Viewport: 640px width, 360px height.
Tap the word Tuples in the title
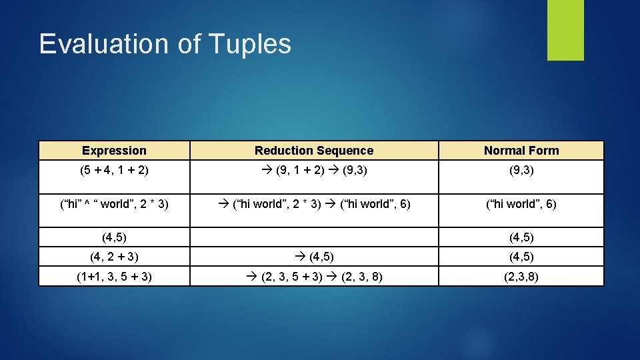click(x=249, y=44)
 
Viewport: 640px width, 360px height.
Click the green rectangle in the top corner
click(x=565, y=30)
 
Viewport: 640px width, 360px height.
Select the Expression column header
click(x=114, y=151)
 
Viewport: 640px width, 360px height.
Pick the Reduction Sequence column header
click(x=314, y=151)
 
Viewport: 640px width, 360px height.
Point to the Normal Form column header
click(x=521, y=151)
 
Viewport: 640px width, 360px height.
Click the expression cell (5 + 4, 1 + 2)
click(x=114, y=170)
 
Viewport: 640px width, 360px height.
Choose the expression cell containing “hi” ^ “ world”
click(x=114, y=204)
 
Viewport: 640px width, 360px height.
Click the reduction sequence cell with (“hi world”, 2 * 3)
click(x=314, y=204)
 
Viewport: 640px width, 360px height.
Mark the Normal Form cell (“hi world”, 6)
click(x=521, y=204)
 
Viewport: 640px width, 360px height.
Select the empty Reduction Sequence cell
click(x=314, y=237)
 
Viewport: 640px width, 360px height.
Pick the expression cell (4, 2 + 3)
click(x=114, y=257)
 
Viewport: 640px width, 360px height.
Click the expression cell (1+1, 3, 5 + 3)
click(x=114, y=276)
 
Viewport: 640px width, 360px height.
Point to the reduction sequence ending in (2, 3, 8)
click(x=314, y=276)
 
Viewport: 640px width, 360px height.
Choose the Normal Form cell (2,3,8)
click(x=521, y=276)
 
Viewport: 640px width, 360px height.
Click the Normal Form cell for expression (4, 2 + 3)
click(x=521, y=257)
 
